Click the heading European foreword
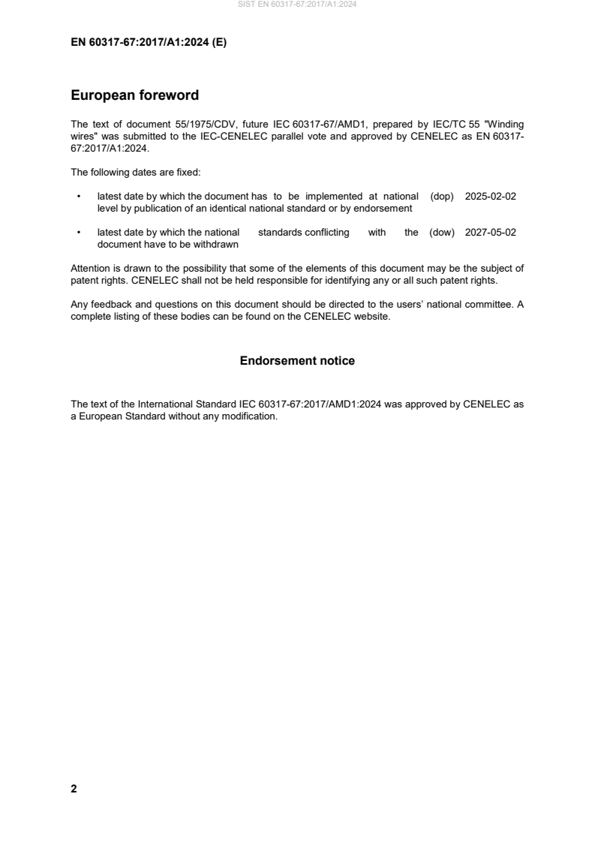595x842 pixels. click(x=134, y=95)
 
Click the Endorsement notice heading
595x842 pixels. click(x=297, y=361)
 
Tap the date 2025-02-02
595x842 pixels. click(x=491, y=196)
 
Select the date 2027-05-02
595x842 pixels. click(x=491, y=233)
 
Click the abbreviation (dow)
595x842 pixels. click(x=443, y=233)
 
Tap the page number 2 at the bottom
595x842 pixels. click(x=74, y=789)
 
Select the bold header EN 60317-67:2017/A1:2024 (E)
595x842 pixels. click(x=149, y=43)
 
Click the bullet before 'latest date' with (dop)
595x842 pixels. click(x=79, y=197)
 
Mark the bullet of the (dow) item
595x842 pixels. click(x=79, y=233)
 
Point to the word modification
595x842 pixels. click(x=251, y=416)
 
